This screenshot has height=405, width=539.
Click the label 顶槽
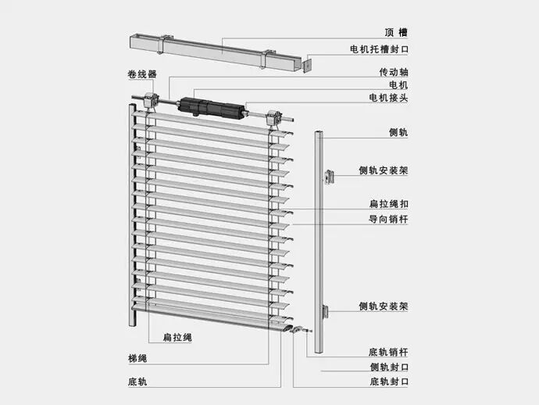(x=396, y=33)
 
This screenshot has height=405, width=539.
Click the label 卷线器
(x=142, y=74)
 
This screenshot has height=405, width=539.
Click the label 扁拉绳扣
(x=388, y=204)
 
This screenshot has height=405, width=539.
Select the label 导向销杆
(x=388, y=220)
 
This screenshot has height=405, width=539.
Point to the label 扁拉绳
(x=177, y=338)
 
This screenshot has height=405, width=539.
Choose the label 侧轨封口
(x=388, y=367)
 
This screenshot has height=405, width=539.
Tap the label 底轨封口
(x=388, y=382)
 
